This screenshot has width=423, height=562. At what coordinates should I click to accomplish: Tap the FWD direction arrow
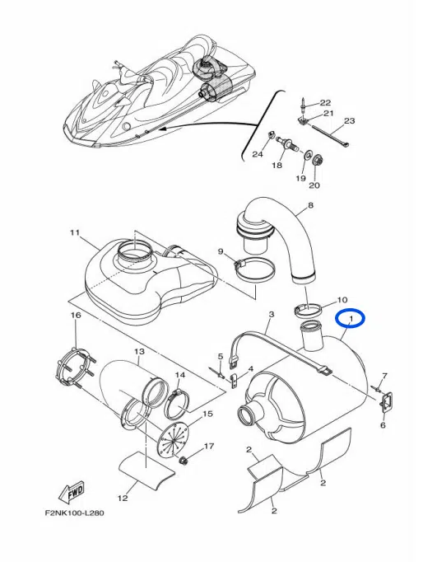[x=72, y=490]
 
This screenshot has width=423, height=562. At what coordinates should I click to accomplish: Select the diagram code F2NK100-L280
[x=74, y=513]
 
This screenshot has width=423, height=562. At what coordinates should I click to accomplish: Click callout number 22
[x=325, y=103]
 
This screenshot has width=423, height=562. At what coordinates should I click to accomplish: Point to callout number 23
[x=349, y=121]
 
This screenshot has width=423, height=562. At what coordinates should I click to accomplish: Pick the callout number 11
[x=74, y=232]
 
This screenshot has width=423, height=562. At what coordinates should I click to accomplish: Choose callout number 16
[x=76, y=315]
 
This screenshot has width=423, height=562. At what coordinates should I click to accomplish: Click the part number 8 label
[x=310, y=205]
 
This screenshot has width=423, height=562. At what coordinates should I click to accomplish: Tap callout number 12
[x=123, y=498]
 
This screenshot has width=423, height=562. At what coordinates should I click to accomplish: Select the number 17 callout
[x=209, y=447]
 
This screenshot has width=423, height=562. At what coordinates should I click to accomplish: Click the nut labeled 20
[x=316, y=162]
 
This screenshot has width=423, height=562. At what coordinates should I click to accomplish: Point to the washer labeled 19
[x=307, y=156]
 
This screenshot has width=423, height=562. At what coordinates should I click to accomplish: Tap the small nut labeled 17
[x=184, y=460]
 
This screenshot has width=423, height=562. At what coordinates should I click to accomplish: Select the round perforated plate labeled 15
[x=174, y=440]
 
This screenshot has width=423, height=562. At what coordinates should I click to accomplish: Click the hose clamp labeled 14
[x=176, y=402]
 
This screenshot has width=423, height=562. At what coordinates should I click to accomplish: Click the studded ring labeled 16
[x=73, y=366]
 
